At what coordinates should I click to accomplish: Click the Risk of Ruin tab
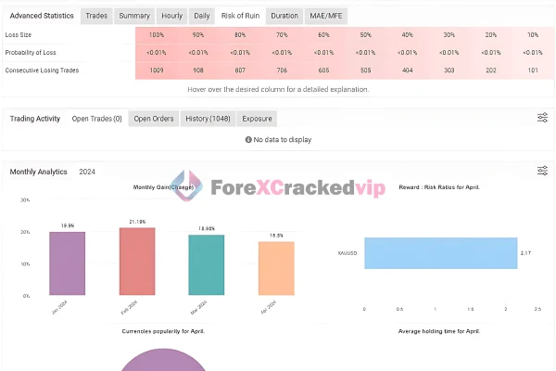(241, 16)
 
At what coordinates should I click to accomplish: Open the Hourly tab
(171, 16)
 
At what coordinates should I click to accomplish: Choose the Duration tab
(285, 16)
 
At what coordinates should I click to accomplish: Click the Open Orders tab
(154, 119)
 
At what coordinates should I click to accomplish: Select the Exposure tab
(257, 119)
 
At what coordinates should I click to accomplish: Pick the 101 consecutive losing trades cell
(531, 70)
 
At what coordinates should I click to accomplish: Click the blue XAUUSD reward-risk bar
(440, 253)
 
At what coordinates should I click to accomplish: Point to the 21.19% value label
(138, 222)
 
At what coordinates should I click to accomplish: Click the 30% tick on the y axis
(26, 199)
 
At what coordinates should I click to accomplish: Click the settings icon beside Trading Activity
(542, 119)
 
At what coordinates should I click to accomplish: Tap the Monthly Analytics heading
(39, 172)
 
